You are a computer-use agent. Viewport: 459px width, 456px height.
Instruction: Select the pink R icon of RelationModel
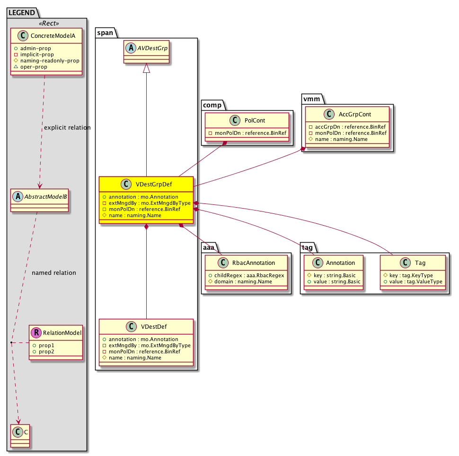point(36,333)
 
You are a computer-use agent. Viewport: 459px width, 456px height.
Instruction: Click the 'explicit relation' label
point(67,128)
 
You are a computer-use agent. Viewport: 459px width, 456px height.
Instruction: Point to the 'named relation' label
point(53,273)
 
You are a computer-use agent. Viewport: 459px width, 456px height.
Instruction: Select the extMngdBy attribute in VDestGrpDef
point(145,202)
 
